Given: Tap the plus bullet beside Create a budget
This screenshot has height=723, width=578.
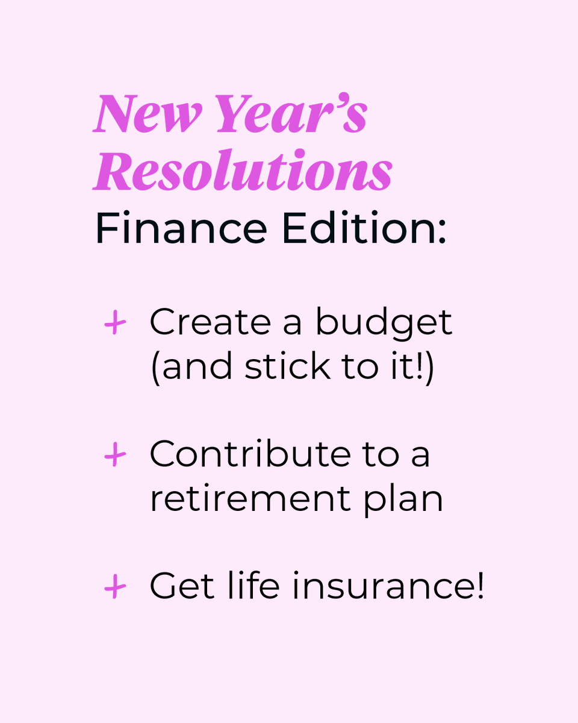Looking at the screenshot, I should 114,324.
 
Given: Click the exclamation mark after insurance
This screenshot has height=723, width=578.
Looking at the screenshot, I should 479,584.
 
